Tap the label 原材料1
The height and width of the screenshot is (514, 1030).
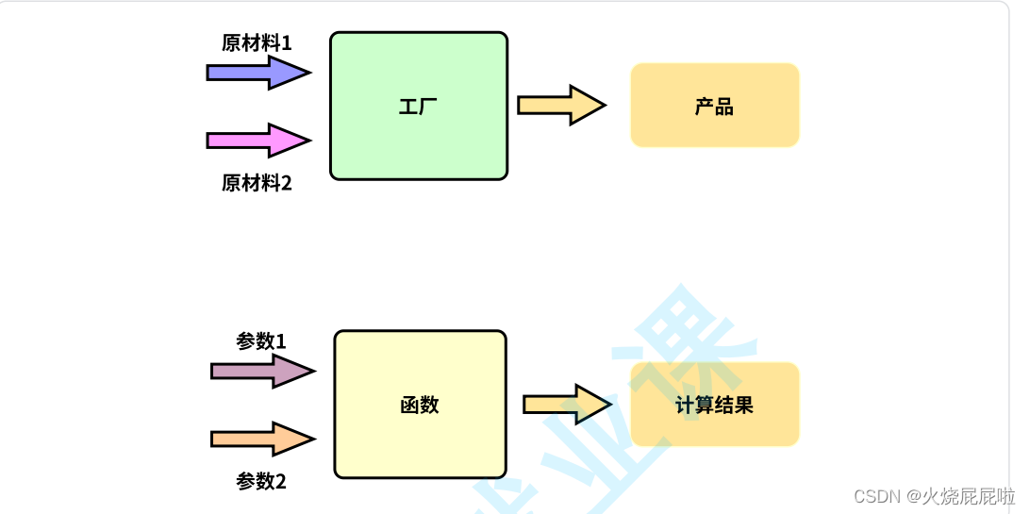click(257, 43)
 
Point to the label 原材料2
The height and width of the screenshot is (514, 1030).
click(257, 183)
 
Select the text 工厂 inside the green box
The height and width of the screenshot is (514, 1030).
click(418, 107)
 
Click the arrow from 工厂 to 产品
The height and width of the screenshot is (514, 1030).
click(560, 105)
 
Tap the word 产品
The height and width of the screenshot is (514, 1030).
click(714, 107)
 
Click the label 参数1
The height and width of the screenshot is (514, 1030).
click(261, 341)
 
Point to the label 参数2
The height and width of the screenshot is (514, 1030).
click(261, 481)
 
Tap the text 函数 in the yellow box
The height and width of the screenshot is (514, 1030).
click(420, 406)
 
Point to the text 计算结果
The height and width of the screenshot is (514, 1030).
click(714, 406)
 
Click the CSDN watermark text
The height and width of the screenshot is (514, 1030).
click(935, 495)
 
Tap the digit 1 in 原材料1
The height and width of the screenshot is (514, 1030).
click(287, 43)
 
